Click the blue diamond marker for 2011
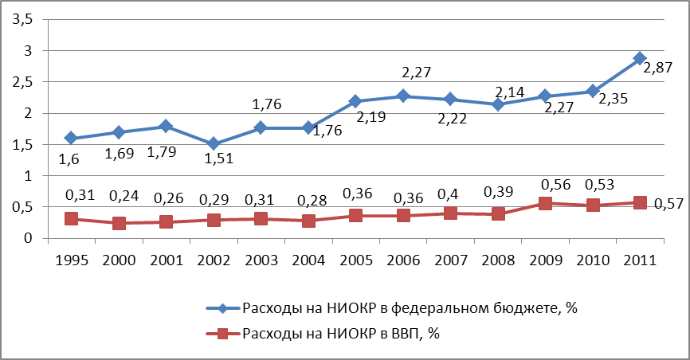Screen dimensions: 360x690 pyautogui.click(x=639, y=58)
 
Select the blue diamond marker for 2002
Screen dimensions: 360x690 pyautogui.click(x=213, y=143)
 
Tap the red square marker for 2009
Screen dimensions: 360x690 pyautogui.click(x=545, y=203)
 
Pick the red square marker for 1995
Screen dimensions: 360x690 pyautogui.click(x=71, y=218)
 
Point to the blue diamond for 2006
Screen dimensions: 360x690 pyautogui.click(x=403, y=96)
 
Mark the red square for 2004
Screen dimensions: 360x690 pyautogui.click(x=308, y=221)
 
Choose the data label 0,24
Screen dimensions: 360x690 pyautogui.click(x=123, y=195)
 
